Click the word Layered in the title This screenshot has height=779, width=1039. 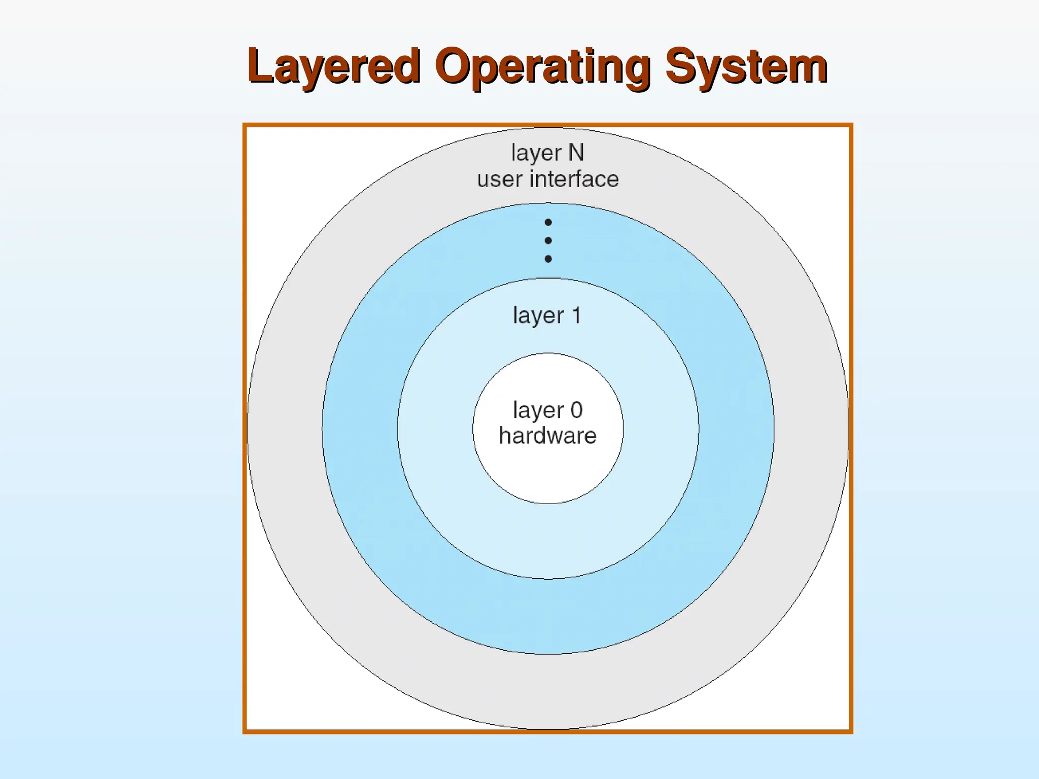click(x=334, y=66)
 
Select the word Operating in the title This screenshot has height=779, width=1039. click(x=542, y=66)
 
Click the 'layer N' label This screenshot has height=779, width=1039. click(x=547, y=153)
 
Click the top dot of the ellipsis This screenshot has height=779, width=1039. click(x=548, y=222)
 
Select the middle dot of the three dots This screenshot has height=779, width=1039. click(x=548, y=240)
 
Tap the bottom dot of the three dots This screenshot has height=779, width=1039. click(x=548, y=259)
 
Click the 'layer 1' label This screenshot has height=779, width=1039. click(x=547, y=315)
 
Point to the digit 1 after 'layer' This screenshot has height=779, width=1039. click(x=576, y=315)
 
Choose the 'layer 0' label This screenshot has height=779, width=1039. click(x=547, y=410)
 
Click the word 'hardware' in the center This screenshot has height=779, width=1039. click(x=548, y=436)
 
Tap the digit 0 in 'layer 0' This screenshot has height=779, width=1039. click(x=576, y=410)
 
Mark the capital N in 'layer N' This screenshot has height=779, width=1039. click(x=576, y=152)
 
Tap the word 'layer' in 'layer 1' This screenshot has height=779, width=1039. click(x=538, y=316)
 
